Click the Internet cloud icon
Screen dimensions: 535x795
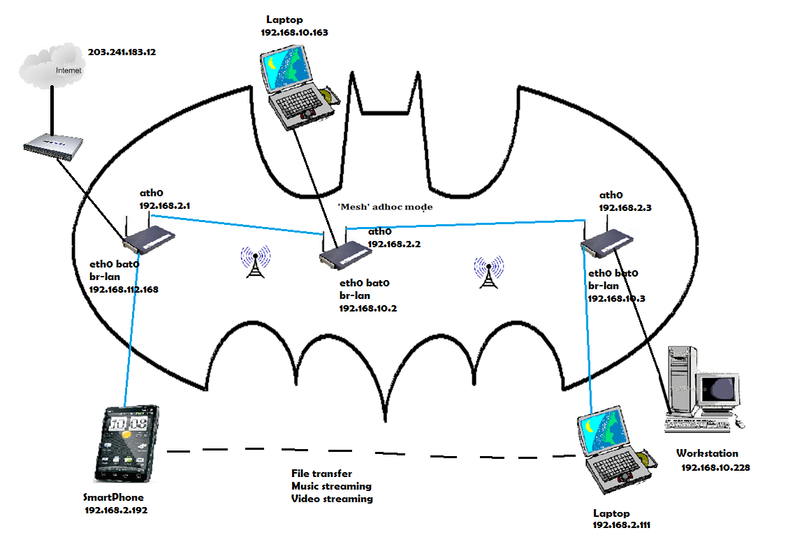click(52, 66)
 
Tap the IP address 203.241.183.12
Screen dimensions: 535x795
click(122, 52)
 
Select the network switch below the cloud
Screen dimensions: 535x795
click(53, 145)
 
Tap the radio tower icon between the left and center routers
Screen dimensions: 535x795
click(256, 261)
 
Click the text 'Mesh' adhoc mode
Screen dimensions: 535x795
click(385, 207)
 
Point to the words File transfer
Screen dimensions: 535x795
click(321, 474)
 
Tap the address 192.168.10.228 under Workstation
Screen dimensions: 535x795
click(715, 467)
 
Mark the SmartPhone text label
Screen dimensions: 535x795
click(113, 497)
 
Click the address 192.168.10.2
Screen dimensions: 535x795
click(368, 307)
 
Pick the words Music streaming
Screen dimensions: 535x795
click(331, 486)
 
